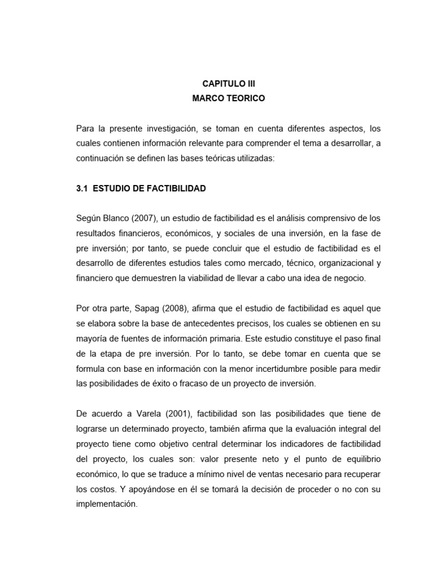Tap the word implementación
[x=107, y=505]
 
